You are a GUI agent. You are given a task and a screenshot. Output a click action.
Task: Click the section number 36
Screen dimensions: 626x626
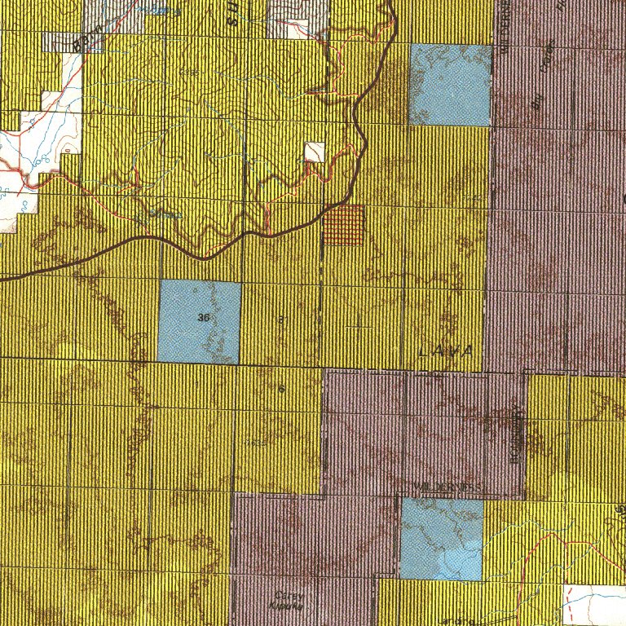pyautogui.click(x=204, y=317)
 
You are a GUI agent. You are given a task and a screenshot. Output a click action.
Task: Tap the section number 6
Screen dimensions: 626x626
pyautogui.click(x=281, y=389)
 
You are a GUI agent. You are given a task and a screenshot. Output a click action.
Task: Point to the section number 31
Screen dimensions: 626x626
pyautogui.click(x=280, y=320)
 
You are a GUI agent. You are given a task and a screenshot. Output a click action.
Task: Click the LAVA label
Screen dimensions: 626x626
pyautogui.click(x=444, y=351)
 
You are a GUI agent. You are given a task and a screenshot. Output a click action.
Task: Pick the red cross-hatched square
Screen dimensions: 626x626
pyautogui.click(x=342, y=225)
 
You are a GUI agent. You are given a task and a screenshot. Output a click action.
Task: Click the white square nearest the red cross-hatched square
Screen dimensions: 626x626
pyautogui.click(x=314, y=152)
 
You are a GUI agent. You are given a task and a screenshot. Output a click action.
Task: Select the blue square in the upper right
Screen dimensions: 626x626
pyautogui.click(x=450, y=85)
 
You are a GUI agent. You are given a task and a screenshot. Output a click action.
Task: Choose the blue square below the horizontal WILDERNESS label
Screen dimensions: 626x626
pyautogui.click(x=442, y=539)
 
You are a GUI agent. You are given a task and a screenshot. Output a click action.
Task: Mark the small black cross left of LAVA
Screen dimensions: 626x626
pyautogui.click(x=358, y=326)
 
